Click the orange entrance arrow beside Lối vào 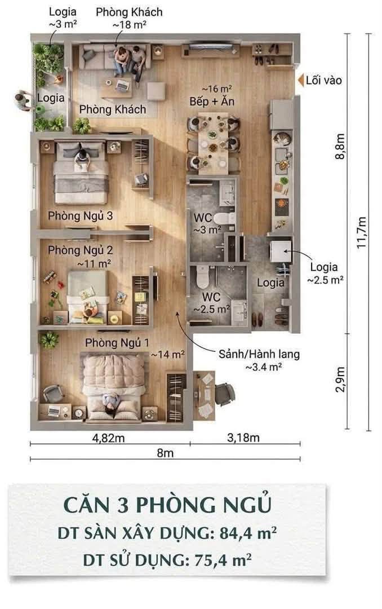[x=300, y=81]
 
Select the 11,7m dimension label [x=362, y=232]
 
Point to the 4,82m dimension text [x=108, y=438]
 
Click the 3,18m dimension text [x=243, y=438]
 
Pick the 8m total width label [x=165, y=453]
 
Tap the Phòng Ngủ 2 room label [x=81, y=250]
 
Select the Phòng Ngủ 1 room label [x=117, y=343]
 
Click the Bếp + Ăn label [x=212, y=101]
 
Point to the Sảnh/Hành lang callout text [x=259, y=354]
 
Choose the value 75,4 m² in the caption [x=223, y=560]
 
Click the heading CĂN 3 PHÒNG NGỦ [x=167, y=505]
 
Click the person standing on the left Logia [x=23, y=100]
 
